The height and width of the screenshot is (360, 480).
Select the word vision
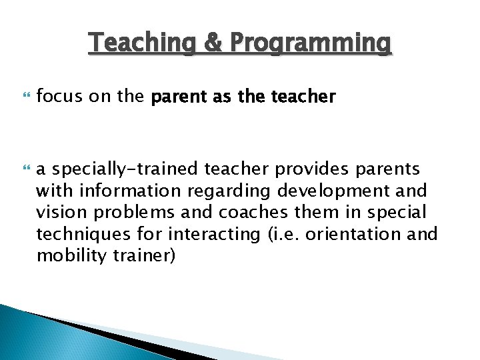[57, 213]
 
